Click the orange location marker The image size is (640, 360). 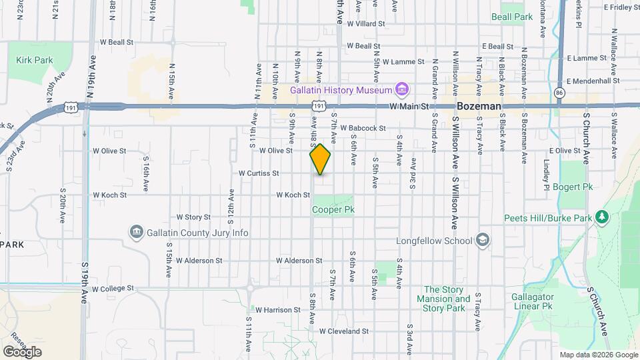point(320,159)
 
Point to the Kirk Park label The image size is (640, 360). point(35,60)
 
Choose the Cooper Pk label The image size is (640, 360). point(333,209)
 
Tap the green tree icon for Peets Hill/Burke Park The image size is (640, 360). point(602,217)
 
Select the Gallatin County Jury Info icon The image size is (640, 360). point(136,233)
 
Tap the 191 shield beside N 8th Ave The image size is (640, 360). point(319,106)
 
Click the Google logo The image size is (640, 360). point(22,351)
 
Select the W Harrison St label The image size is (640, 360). point(278,310)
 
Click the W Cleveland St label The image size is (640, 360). point(343,331)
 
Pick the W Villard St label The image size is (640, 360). point(366,23)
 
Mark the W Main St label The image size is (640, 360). point(407,106)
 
